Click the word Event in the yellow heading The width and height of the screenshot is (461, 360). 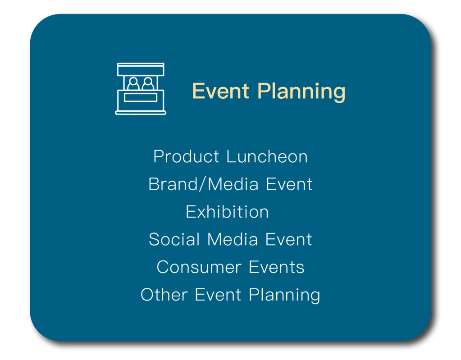tap(221, 91)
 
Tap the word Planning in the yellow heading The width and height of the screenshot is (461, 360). tap(301, 92)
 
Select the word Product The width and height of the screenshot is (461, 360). tap(187, 156)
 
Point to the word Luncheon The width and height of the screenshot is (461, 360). tap(267, 156)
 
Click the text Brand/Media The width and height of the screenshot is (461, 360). tap(203, 184)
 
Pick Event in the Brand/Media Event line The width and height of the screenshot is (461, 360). tap(289, 184)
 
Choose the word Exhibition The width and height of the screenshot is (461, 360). tap(227, 212)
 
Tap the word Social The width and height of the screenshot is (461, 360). tap(174, 239)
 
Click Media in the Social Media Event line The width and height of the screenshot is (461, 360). tap(233, 239)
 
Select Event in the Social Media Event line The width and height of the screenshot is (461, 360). tap(289, 239)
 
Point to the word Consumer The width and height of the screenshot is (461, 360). tap(199, 267)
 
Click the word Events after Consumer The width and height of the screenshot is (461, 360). tap(277, 267)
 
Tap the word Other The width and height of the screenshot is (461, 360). tap(164, 295)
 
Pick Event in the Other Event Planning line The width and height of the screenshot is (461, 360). tap(218, 295)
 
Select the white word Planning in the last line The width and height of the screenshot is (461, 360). tap(285, 296)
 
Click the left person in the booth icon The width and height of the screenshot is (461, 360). tap(133, 83)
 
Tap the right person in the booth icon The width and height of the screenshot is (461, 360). tap(148, 83)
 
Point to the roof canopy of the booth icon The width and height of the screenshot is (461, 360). tap(141, 69)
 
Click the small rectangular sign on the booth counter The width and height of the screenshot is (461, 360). tap(141, 97)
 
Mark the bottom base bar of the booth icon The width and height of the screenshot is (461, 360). tap(141, 113)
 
